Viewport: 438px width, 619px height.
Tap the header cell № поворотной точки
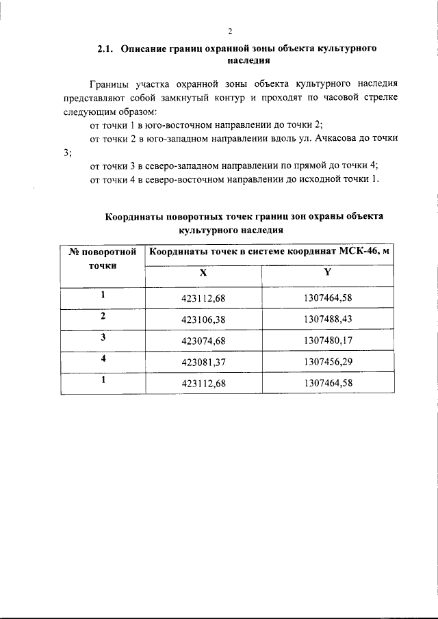pos(103,259)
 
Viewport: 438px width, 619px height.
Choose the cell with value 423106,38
pos(203,319)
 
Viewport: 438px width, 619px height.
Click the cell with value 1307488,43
pos(327,319)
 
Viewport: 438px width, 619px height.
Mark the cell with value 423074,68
pos(203,341)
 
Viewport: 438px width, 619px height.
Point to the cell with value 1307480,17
pos(327,341)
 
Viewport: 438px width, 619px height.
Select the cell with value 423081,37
pos(203,362)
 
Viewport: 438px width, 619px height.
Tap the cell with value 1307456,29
pos(327,362)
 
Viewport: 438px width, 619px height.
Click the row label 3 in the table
pos(103,338)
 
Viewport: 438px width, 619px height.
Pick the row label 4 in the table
pos(103,359)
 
